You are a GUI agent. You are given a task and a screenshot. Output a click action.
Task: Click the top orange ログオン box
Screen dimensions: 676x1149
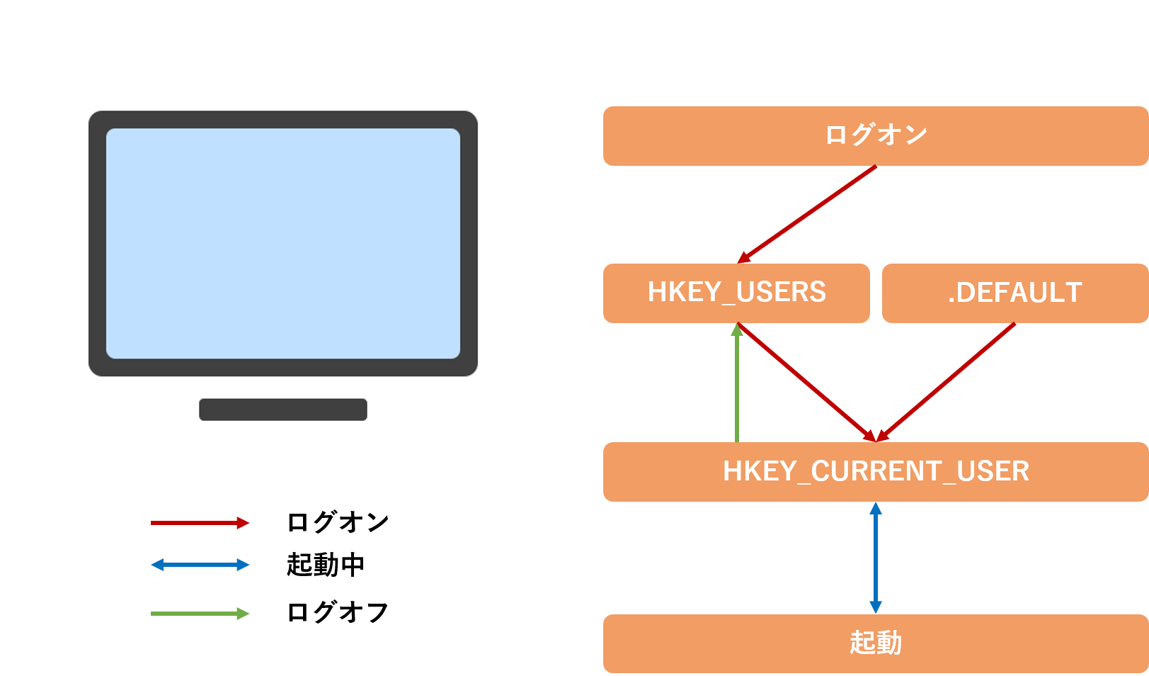(875, 135)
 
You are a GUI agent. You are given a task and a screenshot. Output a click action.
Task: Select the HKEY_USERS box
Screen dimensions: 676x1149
(736, 293)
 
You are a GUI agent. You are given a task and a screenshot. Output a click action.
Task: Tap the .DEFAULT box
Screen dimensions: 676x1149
(1014, 293)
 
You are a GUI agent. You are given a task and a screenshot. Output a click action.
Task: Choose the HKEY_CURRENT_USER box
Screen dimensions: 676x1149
(875, 471)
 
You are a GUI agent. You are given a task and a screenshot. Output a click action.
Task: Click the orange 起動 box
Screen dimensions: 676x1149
(875, 643)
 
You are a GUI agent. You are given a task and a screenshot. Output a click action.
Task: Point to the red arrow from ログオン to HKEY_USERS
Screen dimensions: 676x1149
(807, 214)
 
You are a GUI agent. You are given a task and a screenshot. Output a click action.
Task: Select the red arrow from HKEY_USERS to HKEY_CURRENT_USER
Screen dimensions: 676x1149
(807, 383)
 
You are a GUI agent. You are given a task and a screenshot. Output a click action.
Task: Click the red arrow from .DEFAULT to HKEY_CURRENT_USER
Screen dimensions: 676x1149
(946, 383)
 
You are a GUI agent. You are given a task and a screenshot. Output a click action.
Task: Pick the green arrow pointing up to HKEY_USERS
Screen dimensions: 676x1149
(737, 386)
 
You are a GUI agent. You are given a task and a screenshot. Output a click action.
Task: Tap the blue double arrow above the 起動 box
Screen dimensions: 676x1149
(876, 558)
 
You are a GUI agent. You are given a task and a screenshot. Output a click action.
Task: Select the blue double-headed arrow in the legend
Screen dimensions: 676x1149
(200, 565)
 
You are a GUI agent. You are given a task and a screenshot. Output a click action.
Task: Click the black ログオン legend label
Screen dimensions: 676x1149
(338, 523)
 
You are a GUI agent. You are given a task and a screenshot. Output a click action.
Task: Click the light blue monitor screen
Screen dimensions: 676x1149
(283, 243)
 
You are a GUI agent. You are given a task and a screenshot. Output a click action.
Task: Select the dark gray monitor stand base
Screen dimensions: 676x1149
(283, 410)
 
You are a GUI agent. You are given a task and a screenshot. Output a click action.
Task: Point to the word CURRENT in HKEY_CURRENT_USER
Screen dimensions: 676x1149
(876, 471)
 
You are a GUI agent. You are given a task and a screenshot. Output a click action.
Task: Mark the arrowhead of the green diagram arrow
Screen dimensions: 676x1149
(737, 330)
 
